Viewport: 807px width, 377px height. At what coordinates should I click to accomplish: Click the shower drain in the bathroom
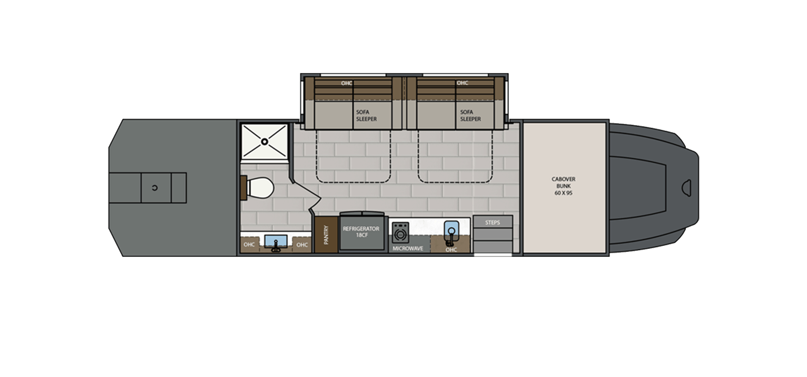(x=264, y=142)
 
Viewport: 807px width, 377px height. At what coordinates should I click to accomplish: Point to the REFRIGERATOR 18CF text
(x=361, y=231)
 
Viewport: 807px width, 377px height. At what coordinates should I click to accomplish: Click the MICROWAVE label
(x=408, y=249)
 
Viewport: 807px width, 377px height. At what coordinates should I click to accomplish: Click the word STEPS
(x=492, y=222)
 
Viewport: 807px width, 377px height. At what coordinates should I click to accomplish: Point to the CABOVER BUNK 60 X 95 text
(x=563, y=187)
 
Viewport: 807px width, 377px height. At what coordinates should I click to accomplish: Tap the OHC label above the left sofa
(x=346, y=83)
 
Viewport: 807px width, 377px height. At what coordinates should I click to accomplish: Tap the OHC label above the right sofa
(x=462, y=83)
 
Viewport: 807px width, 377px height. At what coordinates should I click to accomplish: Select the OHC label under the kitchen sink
(x=451, y=249)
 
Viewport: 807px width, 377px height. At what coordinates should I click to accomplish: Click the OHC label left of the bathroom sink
(x=249, y=245)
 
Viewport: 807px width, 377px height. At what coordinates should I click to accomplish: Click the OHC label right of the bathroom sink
(x=302, y=245)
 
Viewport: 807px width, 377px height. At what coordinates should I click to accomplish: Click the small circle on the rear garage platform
(x=154, y=188)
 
